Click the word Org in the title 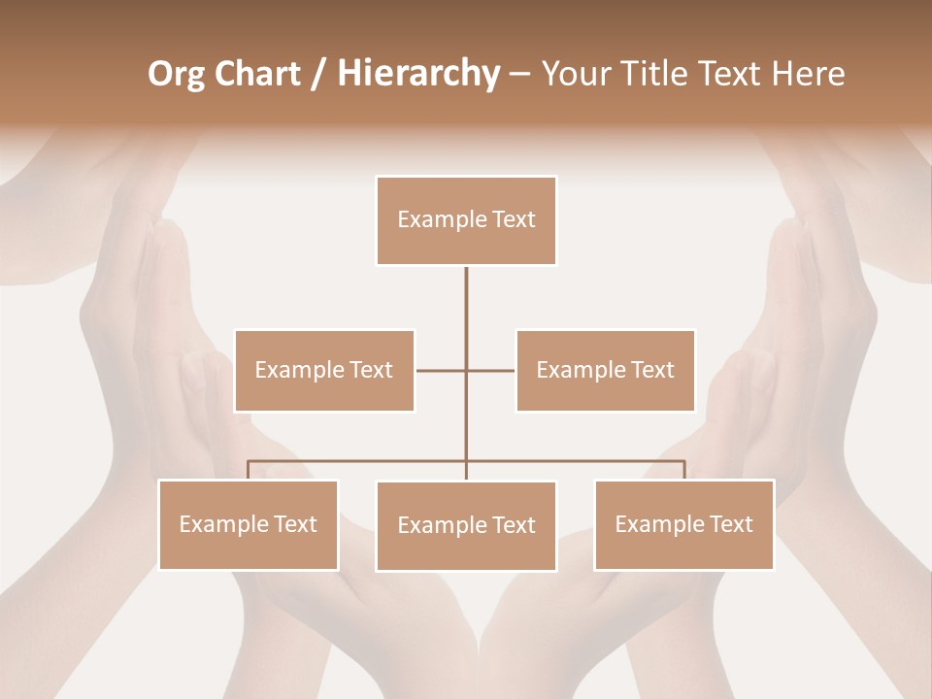[176, 74]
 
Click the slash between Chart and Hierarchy [319, 75]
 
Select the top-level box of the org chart [466, 220]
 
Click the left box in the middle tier [324, 370]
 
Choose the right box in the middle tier [605, 370]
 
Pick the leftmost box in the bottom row [249, 524]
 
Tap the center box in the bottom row [466, 525]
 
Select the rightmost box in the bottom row [683, 524]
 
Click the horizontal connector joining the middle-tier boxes [441, 370]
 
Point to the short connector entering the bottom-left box [249, 471]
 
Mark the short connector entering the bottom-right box [684, 471]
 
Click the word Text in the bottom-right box [729, 524]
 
